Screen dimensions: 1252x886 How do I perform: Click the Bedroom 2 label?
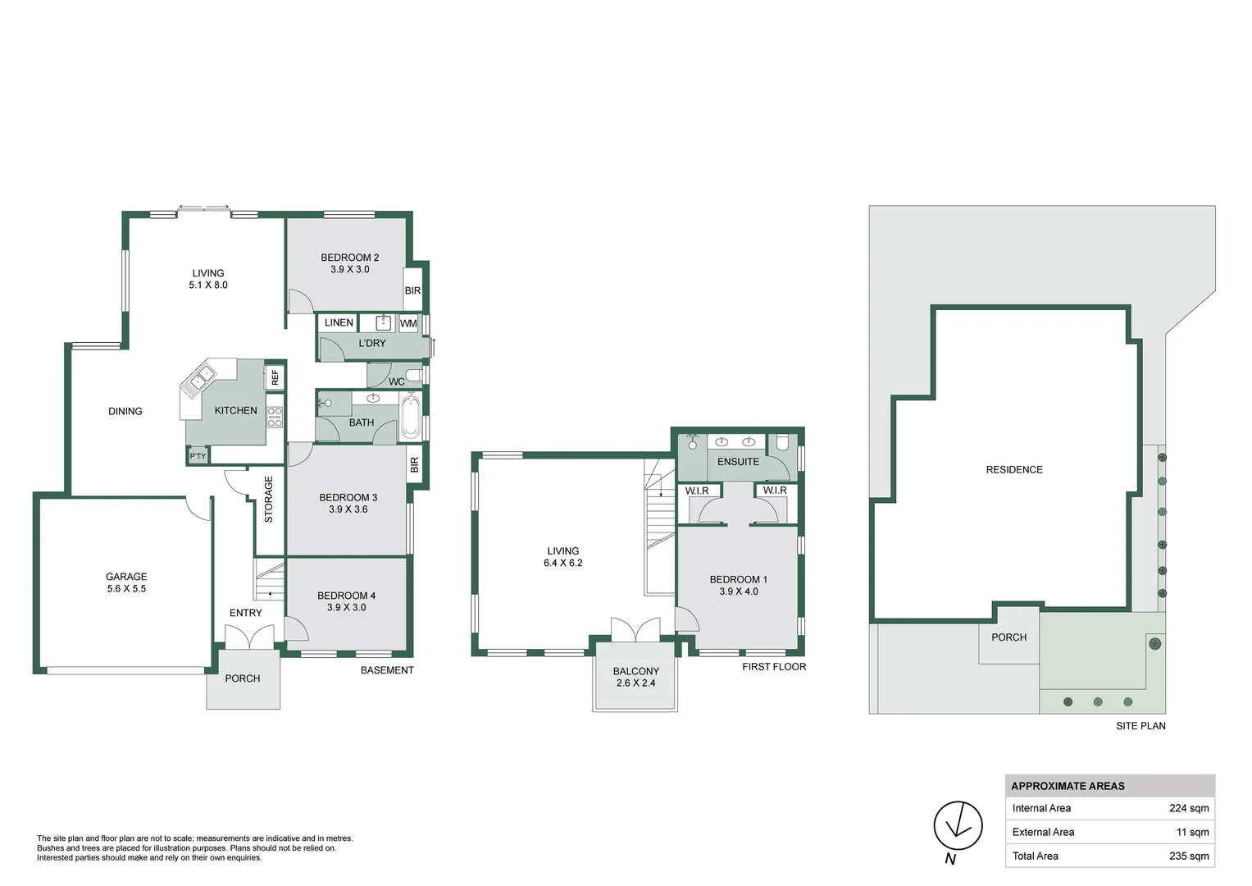click(x=350, y=258)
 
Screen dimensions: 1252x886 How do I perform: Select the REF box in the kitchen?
click(x=275, y=377)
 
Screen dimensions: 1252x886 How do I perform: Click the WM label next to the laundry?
click(x=408, y=323)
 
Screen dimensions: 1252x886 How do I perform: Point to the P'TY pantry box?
click(x=198, y=456)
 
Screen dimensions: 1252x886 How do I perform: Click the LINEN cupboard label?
click(x=339, y=322)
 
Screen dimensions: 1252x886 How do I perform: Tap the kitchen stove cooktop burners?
click(x=275, y=417)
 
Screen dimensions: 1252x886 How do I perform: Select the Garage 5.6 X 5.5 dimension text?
click(x=126, y=588)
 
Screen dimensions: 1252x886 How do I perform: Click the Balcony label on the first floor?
click(x=636, y=671)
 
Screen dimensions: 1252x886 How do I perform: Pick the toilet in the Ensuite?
click(x=782, y=443)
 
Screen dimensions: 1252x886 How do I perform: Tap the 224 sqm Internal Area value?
click(x=1189, y=808)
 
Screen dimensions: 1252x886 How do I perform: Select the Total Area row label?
click(x=1036, y=856)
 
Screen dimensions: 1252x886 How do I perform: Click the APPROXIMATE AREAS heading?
click(x=1068, y=786)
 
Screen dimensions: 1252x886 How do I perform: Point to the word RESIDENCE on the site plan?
click(x=1014, y=470)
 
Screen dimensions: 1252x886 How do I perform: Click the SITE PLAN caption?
click(x=1140, y=725)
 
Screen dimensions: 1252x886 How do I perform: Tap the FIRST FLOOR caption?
click(x=774, y=666)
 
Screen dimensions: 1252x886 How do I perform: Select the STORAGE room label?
click(x=268, y=500)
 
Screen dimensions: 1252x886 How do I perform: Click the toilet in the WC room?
click(x=413, y=375)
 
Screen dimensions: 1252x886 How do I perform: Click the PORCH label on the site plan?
click(x=1008, y=637)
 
